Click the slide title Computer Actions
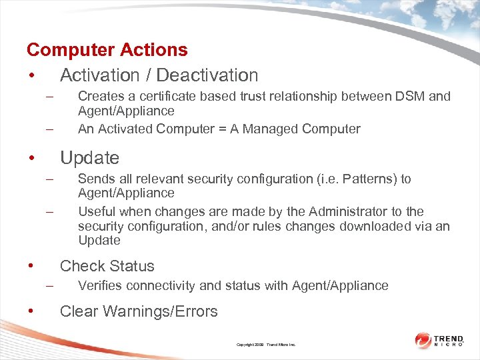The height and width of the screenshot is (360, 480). point(107,50)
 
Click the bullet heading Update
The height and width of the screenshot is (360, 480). point(89,158)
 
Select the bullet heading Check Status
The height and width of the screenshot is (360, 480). point(107,266)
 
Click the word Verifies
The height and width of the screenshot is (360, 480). point(99,285)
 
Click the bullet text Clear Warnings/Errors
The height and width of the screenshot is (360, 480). point(139,311)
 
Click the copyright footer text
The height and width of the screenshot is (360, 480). point(266,345)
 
